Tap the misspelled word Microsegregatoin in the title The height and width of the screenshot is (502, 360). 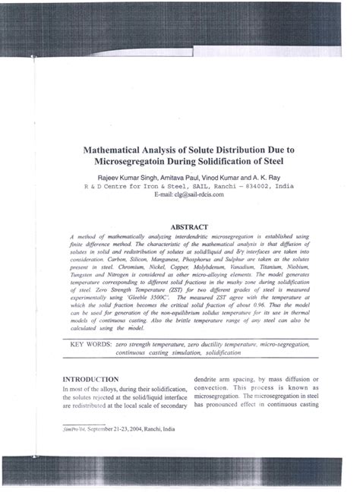click(x=141, y=162)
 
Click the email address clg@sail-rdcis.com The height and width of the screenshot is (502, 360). click(x=198, y=194)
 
